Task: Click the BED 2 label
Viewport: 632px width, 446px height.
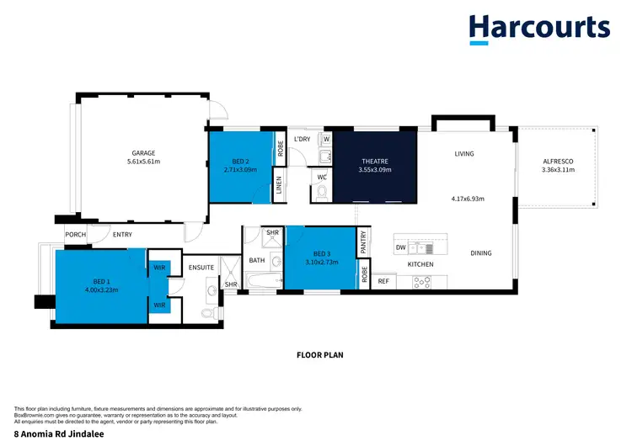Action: (x=242, y=161)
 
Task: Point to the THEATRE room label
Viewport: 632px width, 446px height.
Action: (x=374, y=161)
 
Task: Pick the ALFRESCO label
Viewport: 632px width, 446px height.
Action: (x=557, y=161)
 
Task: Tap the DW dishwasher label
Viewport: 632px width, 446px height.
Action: (x=401, y=248)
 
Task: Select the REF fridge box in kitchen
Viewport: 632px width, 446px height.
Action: (x=382, y=282)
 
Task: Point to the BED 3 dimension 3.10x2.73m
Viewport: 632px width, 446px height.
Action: (x=320, y=261)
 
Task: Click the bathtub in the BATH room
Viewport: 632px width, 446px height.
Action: (x=263, y=282)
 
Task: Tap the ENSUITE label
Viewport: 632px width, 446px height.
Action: (x=202, y=268)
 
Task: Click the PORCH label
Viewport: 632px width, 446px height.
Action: (x=76, y=235)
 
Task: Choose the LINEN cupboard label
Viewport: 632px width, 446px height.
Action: (x=279, y=188)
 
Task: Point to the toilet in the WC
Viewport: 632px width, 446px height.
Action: (x=321, y=194)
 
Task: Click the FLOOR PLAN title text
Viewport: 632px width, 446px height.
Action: (x=319, y=355)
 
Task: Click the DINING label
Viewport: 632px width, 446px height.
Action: (x=480, y=253)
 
